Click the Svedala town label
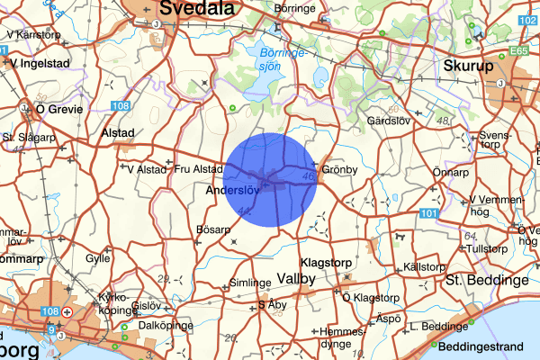point(196,8)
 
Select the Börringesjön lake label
point(280,59)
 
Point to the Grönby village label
point(339,169)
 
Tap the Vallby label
point(295,279)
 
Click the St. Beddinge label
point(487,280)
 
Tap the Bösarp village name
point(213,229)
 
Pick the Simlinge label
point(250,282)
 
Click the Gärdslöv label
point(390,121)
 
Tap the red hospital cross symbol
point(69,312)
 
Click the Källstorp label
point(424,267)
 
